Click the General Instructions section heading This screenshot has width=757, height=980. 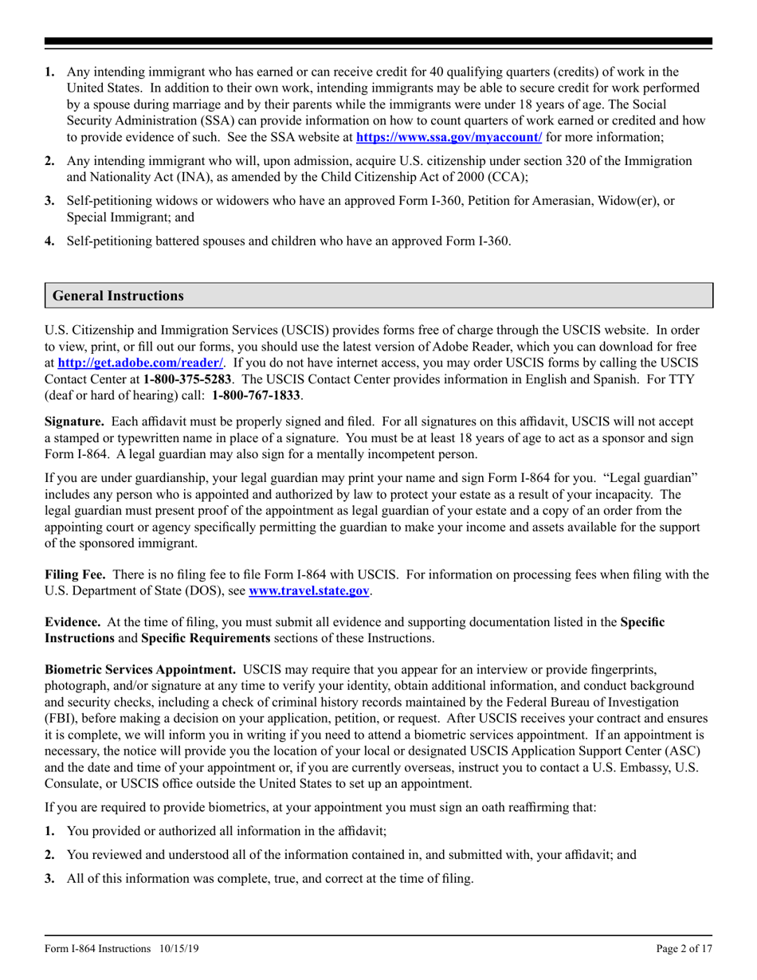(x=118, y=296)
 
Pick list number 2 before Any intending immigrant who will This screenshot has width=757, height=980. (x=49, y=161)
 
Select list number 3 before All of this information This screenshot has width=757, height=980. (x=49, y=877)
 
